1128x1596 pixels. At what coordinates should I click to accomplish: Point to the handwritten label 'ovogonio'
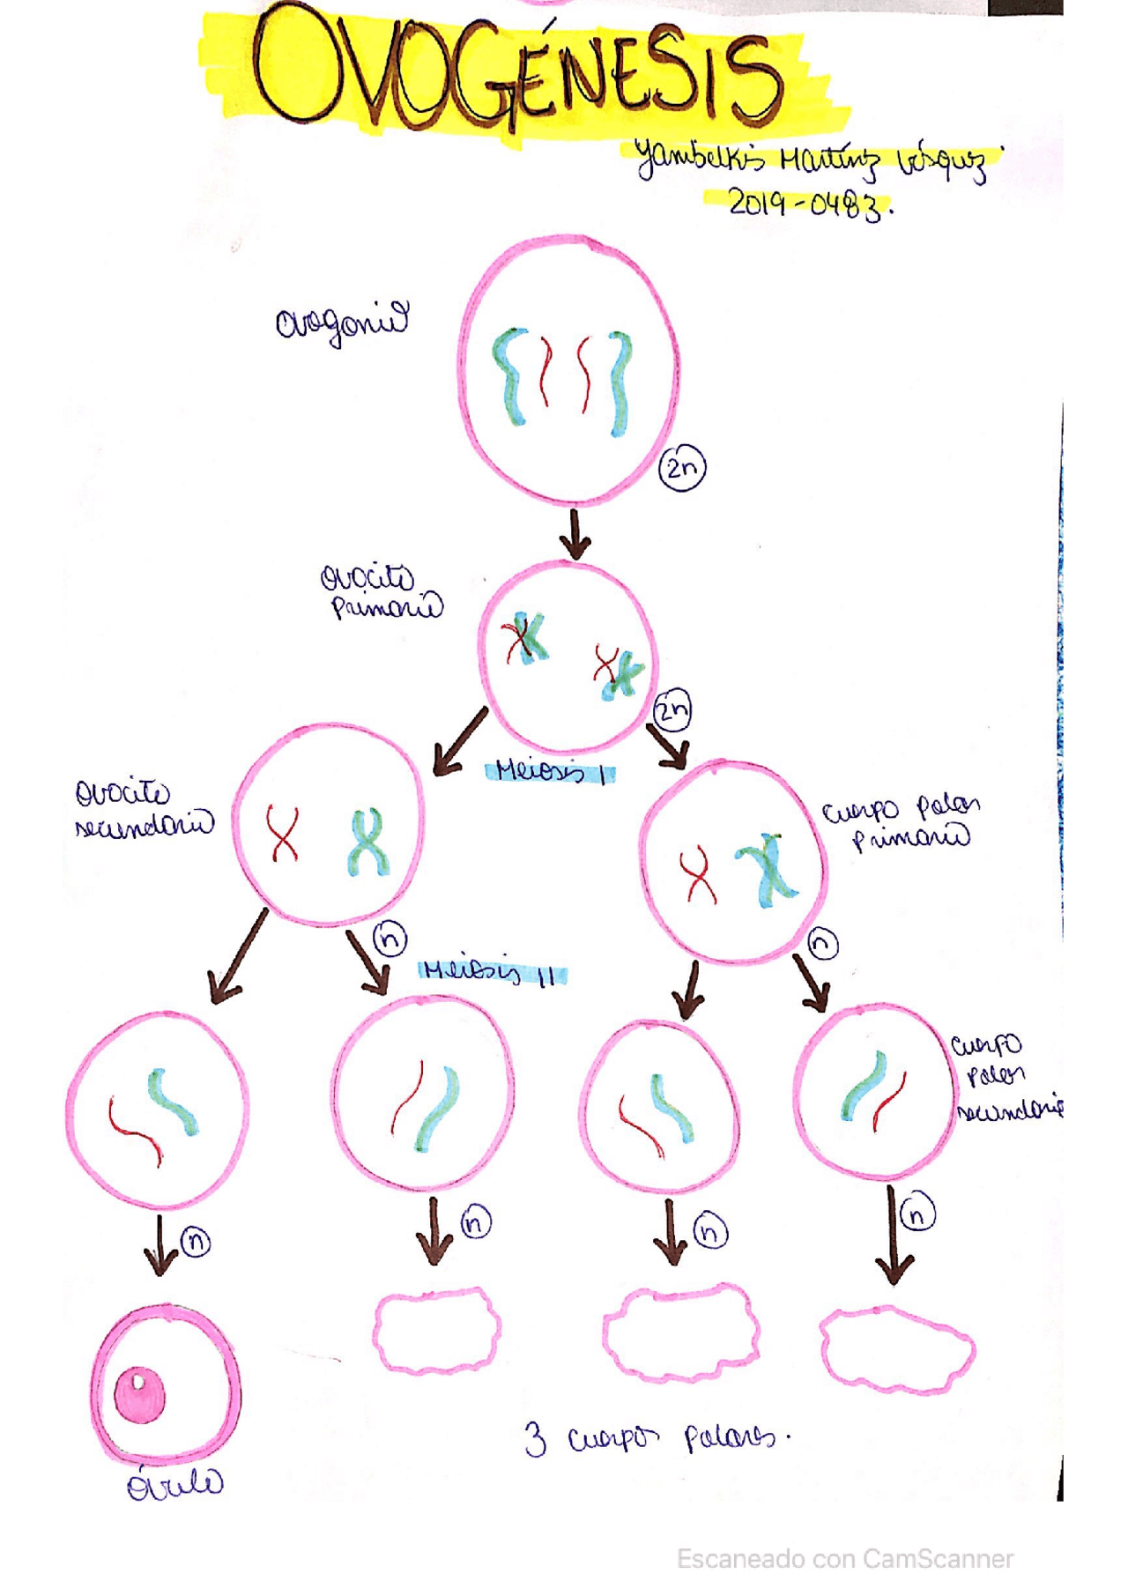tap(342, 323)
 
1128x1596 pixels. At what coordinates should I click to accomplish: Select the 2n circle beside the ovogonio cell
tap(682, 467)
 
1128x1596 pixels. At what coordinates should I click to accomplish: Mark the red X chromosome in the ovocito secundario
tap(283, 833)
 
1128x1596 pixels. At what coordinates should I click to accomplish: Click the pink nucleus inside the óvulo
tap(140, 1395)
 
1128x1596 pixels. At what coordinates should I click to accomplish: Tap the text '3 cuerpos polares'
tap(657, 1438)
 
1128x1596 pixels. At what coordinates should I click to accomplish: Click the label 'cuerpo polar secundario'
tap(1005, 1077)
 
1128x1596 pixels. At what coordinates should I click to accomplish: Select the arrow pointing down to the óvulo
tap(160, 1244)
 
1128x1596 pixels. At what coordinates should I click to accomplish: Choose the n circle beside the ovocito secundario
tap(390, 939)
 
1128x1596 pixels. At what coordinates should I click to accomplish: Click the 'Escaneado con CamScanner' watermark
tap(844, 1559)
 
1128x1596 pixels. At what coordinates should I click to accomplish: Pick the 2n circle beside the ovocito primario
tap(672, 709)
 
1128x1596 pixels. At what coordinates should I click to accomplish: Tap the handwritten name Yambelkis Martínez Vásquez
tap(815, 160)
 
